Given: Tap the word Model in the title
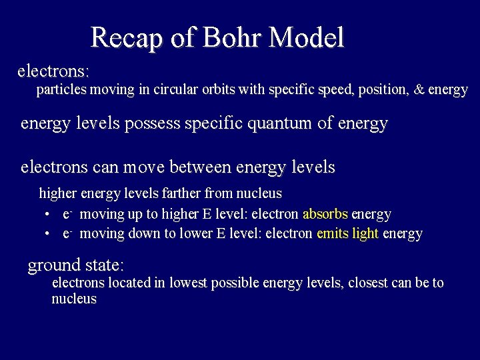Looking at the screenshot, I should coord(306,37).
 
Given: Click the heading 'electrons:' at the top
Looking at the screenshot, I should coord(53,70).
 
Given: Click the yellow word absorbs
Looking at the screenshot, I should coord(325,215).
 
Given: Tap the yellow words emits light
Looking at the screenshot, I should coord(347,234).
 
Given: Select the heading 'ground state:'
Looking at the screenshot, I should coord(75,265).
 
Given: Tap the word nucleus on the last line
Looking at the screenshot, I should coord(74,299).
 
